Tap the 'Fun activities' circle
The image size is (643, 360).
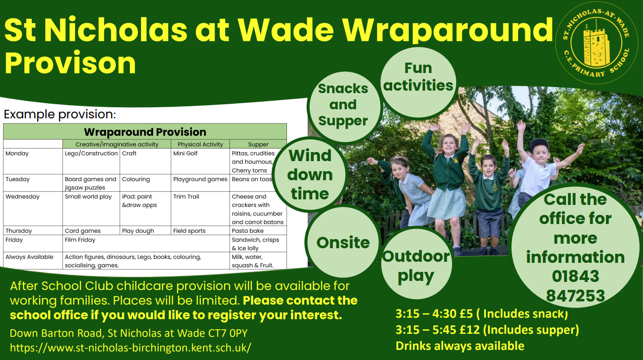pos(418,83)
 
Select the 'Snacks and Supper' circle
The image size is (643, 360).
pos(343,107)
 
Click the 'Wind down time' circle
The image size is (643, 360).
pos(310,175)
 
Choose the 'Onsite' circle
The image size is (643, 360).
pos(343,242)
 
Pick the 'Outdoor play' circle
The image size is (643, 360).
pos(416,263)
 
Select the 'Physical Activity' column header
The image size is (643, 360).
pos(200,145)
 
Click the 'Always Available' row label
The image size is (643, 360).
pos(29,257)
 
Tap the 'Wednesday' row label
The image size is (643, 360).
pos(22,197)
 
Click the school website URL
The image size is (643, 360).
pos(130,347)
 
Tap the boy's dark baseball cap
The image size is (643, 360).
pos(538,145)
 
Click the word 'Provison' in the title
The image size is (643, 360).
pos(70,63)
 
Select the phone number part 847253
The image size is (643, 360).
pos(575,296)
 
